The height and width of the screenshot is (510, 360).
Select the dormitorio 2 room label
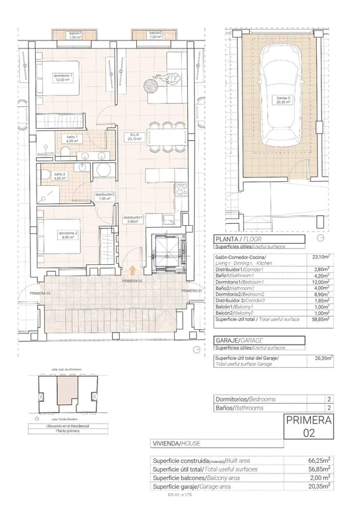(x=66, y=235)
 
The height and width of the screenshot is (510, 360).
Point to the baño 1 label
(x=72, y=139)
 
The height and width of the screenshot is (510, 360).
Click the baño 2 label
(x=60, y=176)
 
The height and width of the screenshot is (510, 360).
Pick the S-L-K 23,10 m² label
(x=136, y=137)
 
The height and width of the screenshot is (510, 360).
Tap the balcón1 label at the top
(x=75, y=35)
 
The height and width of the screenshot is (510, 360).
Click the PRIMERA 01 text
(x=191, y=291)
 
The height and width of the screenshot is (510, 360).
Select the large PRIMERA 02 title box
(x=308, y=426)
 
